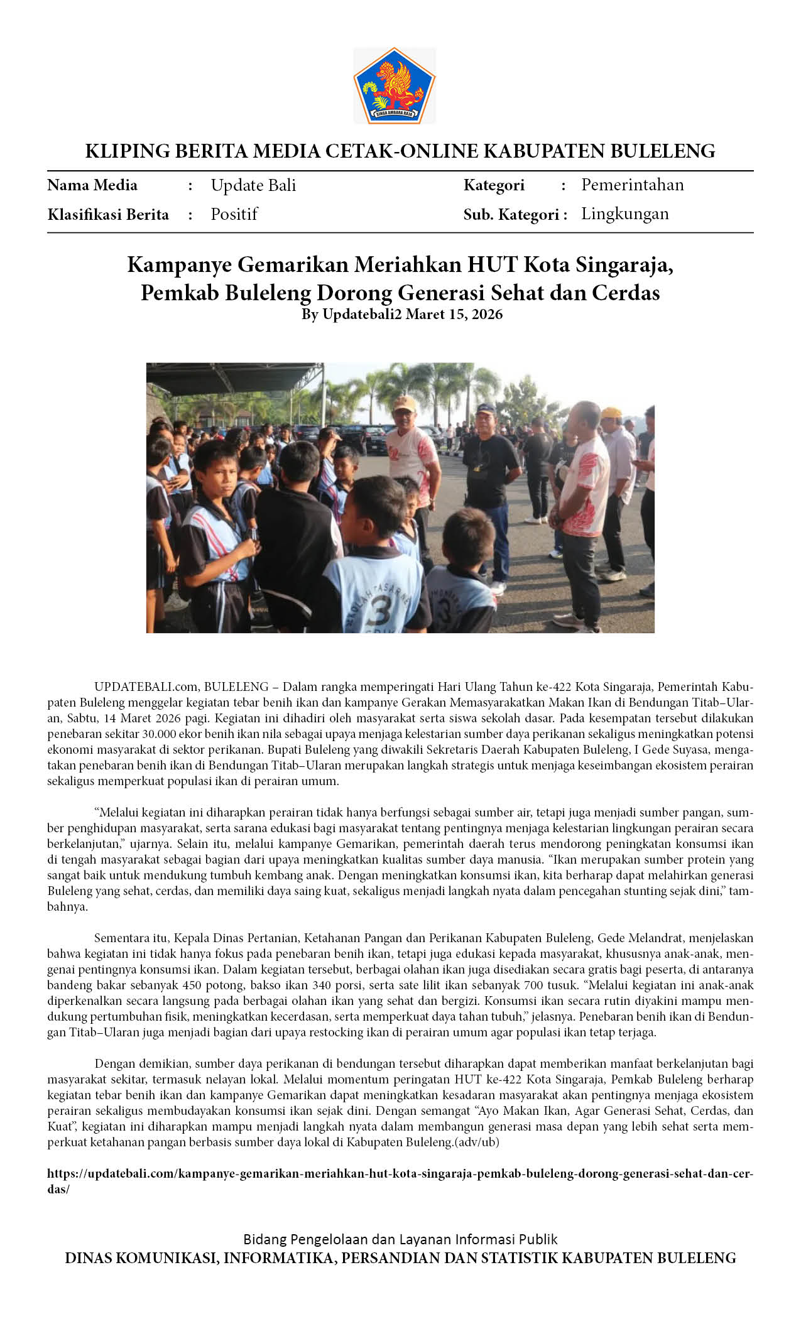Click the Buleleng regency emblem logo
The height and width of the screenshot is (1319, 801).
pyautogui.click(x=395, y=85)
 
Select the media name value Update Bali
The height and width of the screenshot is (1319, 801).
pyautogui.click(x=253, y=185)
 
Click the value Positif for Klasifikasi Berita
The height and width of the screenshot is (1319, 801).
pyautogui.click(x=234, y=214)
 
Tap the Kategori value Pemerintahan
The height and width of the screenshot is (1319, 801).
pyautogui.click(x=632, y=185)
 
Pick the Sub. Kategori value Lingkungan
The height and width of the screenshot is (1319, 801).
pyautogui.click(x=624, y=214)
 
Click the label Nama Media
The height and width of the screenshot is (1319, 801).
pyautogui.click(x=92, y=185)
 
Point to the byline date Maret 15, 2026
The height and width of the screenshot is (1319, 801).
pyautogui.click(x=454, y=314)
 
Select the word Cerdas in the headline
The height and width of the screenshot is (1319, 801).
pyautogui.click(x=624, y=293)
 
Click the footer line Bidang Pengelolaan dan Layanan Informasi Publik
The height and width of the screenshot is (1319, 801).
pyautogui.click(x=400, y=1239)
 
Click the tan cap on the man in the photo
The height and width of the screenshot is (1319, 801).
pyautogui.click(x=404, y=403)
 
